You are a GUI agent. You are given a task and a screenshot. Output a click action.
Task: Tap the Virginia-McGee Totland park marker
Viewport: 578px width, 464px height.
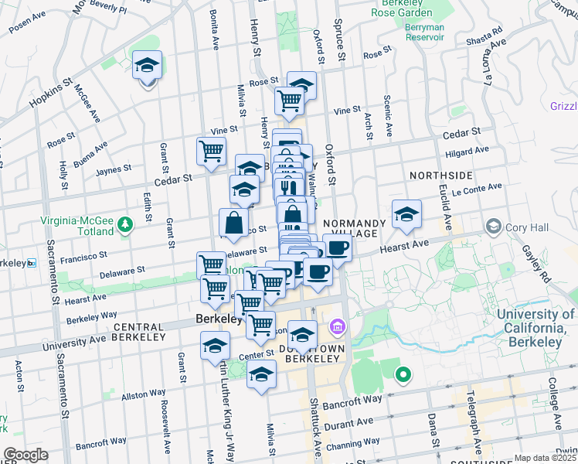pyautogui.click(x=126, y=225)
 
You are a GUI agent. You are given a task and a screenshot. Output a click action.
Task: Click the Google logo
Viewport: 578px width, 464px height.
pyautogui.click(x=25, y=455)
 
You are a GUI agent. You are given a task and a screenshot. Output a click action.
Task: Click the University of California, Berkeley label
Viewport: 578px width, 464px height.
pyautogui.click(x=535, y=321)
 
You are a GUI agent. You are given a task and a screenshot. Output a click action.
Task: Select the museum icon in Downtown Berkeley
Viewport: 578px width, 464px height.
pyautogui.click(x=337, y=328)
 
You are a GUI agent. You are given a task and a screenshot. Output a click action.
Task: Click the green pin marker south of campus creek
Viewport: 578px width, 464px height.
pyautogui.click(x=403, y=376)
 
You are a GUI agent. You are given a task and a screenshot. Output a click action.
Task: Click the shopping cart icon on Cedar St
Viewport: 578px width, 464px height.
pyautogui.click(x=211, y=152)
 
